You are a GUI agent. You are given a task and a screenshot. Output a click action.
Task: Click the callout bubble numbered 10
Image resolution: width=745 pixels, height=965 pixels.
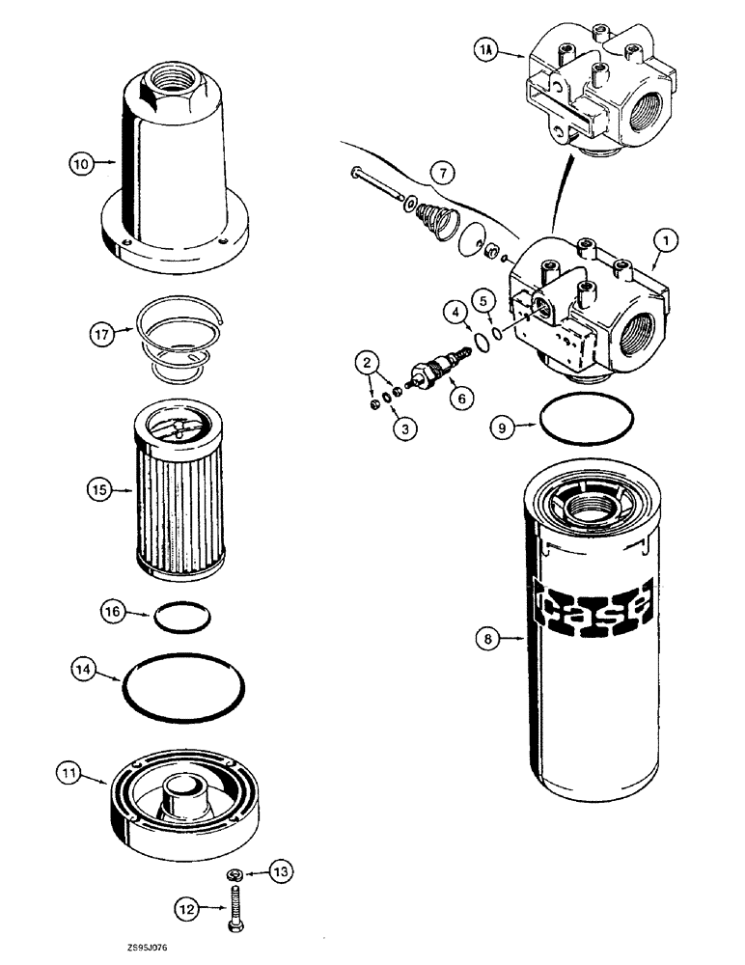point(83,164)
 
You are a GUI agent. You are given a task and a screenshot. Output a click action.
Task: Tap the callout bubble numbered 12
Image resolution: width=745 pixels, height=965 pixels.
point(188,907)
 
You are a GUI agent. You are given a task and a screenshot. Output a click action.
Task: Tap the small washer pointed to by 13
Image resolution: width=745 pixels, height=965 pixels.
point(235,874)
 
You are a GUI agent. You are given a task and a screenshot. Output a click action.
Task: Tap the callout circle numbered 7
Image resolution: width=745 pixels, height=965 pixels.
point(443,174)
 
